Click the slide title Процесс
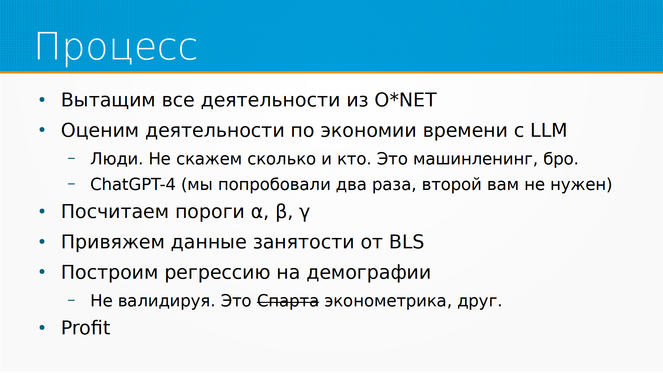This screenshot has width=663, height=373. pos(117,47)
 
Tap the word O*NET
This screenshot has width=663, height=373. pos(406,100)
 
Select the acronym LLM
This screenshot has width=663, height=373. pos(548,130)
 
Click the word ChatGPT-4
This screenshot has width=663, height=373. pos(133,184)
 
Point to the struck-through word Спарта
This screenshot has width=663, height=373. pos(288,300)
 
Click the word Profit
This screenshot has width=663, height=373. pos(86,327)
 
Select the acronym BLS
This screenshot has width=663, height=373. pos(406,242)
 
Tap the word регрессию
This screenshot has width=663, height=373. pos(217,273)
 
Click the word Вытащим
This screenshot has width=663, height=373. pos(108,100)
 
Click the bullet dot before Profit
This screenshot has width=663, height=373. pos(42,327)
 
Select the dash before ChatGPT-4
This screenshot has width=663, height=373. pos(71,184)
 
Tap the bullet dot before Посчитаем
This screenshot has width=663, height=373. pos(42,211)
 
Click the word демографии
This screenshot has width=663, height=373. pos(369,273)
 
